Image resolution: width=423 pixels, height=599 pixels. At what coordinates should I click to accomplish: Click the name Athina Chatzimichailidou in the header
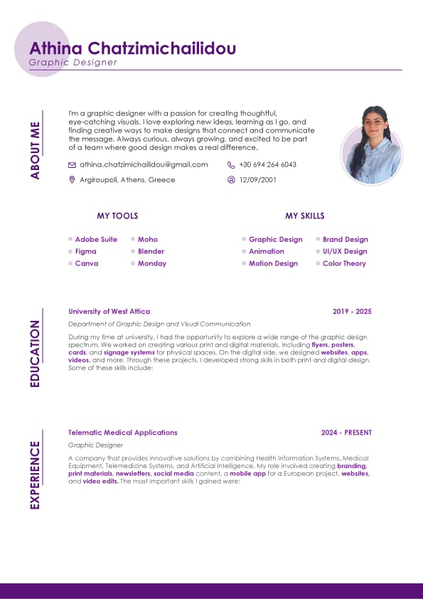[x=132, y=48]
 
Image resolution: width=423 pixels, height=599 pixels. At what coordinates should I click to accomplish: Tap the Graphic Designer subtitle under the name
[x=73, y=63]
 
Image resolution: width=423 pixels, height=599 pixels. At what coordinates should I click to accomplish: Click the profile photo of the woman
[x=372, y=144]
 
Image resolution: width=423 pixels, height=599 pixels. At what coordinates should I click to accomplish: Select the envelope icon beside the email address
[x=72, y=164]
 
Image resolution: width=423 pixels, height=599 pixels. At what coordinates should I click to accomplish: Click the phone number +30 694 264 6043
[x=267, y=164]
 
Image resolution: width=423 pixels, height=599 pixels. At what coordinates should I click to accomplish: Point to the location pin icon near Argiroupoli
[x=72, y=180]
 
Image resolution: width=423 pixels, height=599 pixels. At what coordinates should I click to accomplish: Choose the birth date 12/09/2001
[x=258, y=180]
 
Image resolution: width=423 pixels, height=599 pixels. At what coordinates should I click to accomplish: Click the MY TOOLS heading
[x=117, y=216]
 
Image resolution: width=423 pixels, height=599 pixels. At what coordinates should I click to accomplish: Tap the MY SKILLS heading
[x=305, y=216]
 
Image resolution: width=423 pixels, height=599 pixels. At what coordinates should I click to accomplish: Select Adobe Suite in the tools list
[x=96, y=240]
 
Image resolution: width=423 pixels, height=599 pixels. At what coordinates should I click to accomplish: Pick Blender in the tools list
[x=151, y=251]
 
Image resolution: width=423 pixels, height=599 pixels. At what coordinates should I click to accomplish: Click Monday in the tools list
[x=152, y=263]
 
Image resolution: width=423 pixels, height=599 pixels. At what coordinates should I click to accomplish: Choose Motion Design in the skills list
[x=273, y=263]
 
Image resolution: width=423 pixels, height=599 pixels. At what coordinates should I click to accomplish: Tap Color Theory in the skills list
[x=344, y=263]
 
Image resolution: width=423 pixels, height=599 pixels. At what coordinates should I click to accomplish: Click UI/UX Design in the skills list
[x=345, y=251]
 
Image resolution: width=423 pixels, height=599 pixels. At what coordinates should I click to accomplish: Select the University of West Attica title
[x=109, y=312]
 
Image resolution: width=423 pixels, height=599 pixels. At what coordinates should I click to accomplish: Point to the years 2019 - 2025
[x=352, y=312]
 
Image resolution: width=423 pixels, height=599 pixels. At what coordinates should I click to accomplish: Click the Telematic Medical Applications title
[x=122, y=433]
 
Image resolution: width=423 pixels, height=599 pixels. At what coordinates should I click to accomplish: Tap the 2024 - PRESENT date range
[x=346, y=433]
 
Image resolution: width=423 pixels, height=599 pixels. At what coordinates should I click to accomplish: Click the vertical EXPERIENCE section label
[x=35, y=475]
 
